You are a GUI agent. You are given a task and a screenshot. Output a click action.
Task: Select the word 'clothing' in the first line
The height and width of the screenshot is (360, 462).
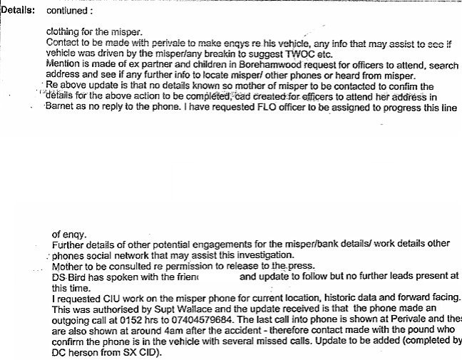pyautogui.click(x=63, y=32)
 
